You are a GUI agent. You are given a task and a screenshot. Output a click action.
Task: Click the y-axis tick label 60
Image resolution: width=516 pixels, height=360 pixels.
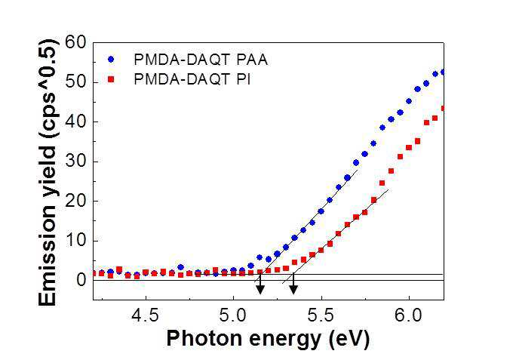75,42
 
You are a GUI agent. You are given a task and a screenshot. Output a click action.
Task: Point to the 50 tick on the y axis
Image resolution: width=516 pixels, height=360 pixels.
75,82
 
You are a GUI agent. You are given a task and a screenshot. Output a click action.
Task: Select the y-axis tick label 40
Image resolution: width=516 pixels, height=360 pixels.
75,122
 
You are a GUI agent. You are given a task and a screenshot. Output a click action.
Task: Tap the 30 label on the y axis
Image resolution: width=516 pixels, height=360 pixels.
75,162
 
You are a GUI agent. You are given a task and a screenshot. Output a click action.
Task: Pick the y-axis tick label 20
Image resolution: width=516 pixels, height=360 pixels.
75,202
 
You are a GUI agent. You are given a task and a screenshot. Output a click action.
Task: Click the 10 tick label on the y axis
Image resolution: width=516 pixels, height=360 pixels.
75,241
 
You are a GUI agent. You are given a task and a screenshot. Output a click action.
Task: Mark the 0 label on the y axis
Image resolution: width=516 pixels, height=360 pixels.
81,280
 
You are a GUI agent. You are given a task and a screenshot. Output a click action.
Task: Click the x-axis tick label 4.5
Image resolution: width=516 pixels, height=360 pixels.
145,315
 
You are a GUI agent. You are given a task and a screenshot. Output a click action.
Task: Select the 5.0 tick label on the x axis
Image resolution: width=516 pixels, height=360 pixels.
233,315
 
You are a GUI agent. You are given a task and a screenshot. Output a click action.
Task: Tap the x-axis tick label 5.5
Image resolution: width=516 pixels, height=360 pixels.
321,315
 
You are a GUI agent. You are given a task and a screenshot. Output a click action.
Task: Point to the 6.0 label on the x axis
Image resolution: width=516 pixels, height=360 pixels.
408,315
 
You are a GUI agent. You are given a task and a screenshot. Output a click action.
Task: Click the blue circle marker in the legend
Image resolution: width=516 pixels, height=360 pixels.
111,60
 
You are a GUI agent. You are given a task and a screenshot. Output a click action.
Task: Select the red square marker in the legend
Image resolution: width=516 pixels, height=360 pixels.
111,79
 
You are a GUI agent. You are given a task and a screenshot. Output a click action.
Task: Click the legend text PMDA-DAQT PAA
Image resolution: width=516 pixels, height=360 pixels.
201,60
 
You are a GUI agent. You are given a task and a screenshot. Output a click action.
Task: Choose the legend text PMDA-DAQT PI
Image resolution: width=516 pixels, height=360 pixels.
192,79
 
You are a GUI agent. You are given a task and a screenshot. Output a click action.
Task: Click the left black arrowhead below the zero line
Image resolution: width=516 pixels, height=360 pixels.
260,290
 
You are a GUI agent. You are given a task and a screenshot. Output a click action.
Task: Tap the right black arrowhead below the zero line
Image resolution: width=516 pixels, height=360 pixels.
293,290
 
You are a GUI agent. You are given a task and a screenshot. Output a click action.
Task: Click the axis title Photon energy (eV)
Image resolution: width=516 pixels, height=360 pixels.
268,338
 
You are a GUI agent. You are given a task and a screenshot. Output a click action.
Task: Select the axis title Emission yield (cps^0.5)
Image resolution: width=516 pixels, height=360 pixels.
48,172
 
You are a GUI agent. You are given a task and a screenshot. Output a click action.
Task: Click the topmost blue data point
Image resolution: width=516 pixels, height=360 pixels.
443,72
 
